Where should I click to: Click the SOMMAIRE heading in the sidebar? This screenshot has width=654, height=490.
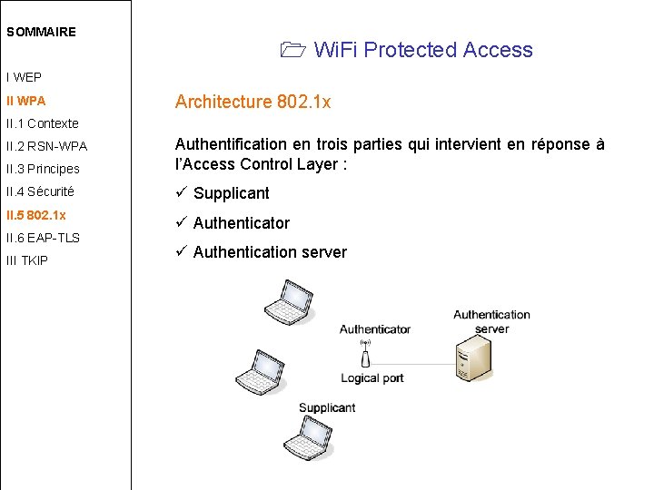tap(41, 32)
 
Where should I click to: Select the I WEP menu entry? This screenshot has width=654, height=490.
tap(24, 78)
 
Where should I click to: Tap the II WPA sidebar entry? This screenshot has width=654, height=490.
tap(25, 101)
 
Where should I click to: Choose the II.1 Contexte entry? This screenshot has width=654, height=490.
tap(43, 123)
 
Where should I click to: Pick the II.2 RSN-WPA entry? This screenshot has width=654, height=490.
tap(46, 146)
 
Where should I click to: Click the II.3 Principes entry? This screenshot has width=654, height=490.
tap(43, 169)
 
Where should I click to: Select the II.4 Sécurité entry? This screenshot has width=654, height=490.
tap(40, 191)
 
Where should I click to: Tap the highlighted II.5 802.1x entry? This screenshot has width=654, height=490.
tap(36, 215)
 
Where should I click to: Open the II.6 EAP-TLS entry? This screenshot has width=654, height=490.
tap(43, 238)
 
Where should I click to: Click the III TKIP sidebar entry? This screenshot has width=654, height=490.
tap(27, 260)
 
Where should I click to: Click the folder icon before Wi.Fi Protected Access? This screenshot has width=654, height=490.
tap(293, 51)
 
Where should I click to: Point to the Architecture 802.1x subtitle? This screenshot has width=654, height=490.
tap(253, 102)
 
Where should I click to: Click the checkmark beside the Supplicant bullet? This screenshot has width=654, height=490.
tap(181, 192)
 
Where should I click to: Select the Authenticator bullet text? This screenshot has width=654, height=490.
tap(241, 223)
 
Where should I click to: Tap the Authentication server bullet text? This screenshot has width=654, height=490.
tap(270, 252)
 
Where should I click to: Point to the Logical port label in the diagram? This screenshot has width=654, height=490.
tap(372, 378)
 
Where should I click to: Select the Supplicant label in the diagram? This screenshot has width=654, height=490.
tap(326, 408)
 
